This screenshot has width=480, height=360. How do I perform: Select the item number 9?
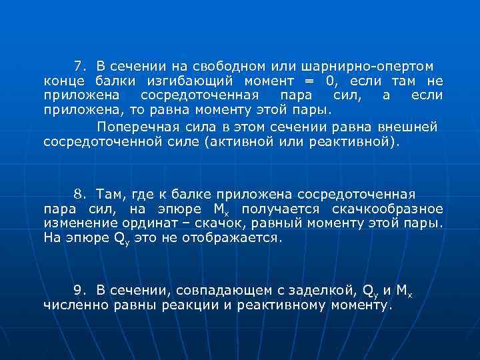[79, 291]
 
